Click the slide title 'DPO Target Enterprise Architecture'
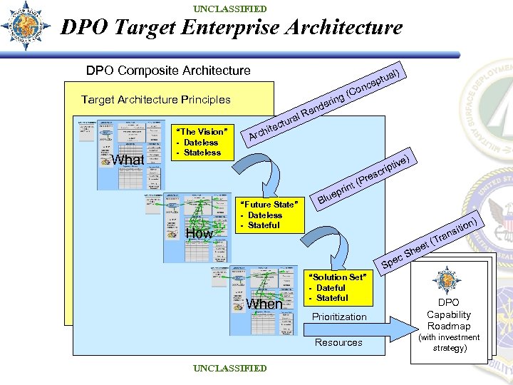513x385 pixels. pos(232,28)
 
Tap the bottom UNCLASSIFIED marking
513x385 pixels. pos(229,368)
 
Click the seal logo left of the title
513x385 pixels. pos(26,26)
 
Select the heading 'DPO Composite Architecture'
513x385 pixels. pos(168,70)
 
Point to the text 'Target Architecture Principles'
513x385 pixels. pos(156,99)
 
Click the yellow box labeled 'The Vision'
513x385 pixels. pos(204,142)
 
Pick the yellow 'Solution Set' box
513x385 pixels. pos(338,287)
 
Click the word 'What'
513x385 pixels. pos(128,160)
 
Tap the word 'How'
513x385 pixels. pos(199,233)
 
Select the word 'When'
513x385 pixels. pos(264,304)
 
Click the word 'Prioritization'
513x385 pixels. pos(339,317)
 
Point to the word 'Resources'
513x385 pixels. pos(338,342)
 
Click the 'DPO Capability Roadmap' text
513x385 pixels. pos(449,314)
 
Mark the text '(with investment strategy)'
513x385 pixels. pos(449,342)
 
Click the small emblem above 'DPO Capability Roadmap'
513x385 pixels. pos(449,280)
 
